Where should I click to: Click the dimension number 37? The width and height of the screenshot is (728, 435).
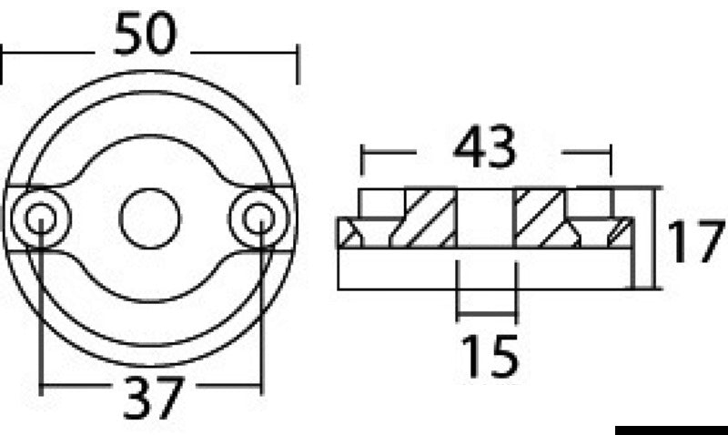click(x=153, y=396)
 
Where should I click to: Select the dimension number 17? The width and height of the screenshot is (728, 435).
click(x=696, y=240)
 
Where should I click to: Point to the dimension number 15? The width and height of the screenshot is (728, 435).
click(x=488, y=355)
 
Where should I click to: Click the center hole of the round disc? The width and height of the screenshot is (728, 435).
click(x=150, y=218)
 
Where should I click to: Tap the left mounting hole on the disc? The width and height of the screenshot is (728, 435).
click(x=40, y=217)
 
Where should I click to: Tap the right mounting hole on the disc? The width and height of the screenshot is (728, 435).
click(x=259, y=217)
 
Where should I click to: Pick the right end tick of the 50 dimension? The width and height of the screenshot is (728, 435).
click(x=298, y=66)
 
